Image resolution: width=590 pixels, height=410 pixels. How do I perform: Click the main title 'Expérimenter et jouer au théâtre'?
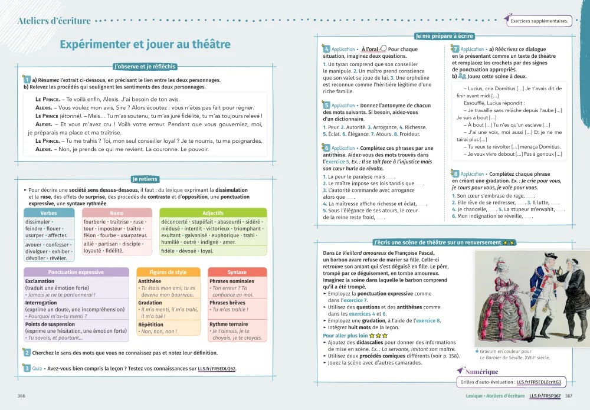[145, 45]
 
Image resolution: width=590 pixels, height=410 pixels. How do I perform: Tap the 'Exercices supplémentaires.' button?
[539, 21]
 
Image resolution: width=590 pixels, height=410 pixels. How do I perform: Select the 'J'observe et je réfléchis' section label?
[145, 67]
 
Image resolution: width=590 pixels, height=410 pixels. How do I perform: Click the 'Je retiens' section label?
[145, 179]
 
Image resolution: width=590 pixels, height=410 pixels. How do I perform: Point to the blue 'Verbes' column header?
[48, 212]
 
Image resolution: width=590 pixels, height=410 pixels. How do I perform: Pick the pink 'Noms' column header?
[117, 212]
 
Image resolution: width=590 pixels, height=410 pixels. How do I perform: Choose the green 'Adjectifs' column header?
[212, 212]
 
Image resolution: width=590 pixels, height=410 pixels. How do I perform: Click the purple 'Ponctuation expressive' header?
[76, 272]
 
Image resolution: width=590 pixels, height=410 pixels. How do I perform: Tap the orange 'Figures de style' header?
[168, 272]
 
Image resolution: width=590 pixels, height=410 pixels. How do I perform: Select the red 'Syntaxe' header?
[237, 272]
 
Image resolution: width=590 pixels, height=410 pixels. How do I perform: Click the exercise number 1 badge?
[27, 80]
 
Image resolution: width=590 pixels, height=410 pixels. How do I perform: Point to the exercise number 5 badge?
[326, 105]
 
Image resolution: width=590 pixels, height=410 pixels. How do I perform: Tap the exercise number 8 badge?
[455, 173]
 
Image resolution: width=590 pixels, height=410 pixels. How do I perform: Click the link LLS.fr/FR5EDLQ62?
[217, 369]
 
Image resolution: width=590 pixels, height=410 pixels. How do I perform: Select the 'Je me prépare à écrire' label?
[444, 36]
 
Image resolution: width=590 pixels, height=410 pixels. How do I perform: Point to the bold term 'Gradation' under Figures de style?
[150, 303]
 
